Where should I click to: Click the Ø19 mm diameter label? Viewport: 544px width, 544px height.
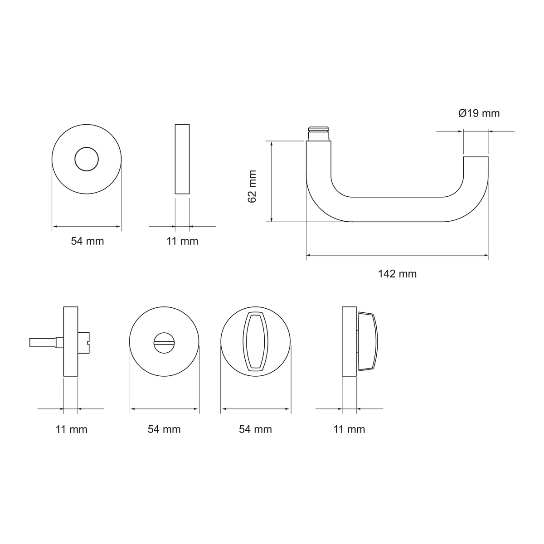click(479, 113)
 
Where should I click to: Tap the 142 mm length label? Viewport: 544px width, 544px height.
click(397, 274)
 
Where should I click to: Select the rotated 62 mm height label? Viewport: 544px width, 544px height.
click(252, 186)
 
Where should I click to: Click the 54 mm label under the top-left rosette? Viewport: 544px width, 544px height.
click(87, 241)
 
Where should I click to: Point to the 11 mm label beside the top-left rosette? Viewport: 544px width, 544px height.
click(182, 241)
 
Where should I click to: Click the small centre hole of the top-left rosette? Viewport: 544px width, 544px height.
click(87, 159)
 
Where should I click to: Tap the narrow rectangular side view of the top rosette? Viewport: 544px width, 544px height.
click(182, 159)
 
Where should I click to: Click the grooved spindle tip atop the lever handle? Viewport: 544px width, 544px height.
click(318, 133)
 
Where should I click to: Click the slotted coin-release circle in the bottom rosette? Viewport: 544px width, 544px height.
click(164, 342)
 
